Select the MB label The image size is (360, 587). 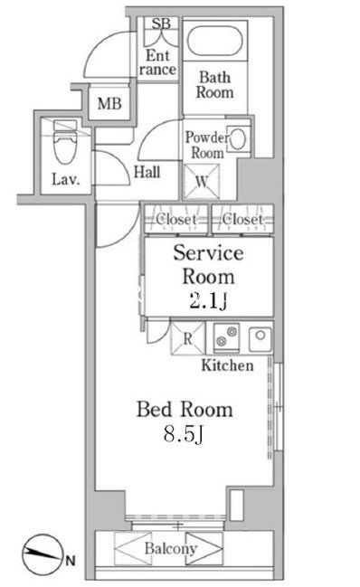coord(109,103)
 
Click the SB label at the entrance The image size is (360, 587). coord(161,24)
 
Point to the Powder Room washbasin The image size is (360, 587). coord(238,139)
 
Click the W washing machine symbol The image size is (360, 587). coord(202,182)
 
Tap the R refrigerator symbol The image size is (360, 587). coord(188,338)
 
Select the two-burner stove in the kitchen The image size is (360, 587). coord(226,336)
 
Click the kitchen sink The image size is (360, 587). coord(261,338)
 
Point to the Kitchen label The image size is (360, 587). coord(227,365)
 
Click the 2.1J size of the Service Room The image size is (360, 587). coord(208,301)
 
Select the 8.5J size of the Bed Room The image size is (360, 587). coord(184,434)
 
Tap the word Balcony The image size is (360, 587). coord(171,548)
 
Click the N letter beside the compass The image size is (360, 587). coord(71,561)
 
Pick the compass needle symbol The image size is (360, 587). coord(42,554)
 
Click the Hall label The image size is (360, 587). coord(147,172)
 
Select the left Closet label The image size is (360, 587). coord(176,219)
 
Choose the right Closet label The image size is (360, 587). coord(242,219)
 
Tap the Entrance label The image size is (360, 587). coord(157,62)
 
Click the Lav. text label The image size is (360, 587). coord(66,179)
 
